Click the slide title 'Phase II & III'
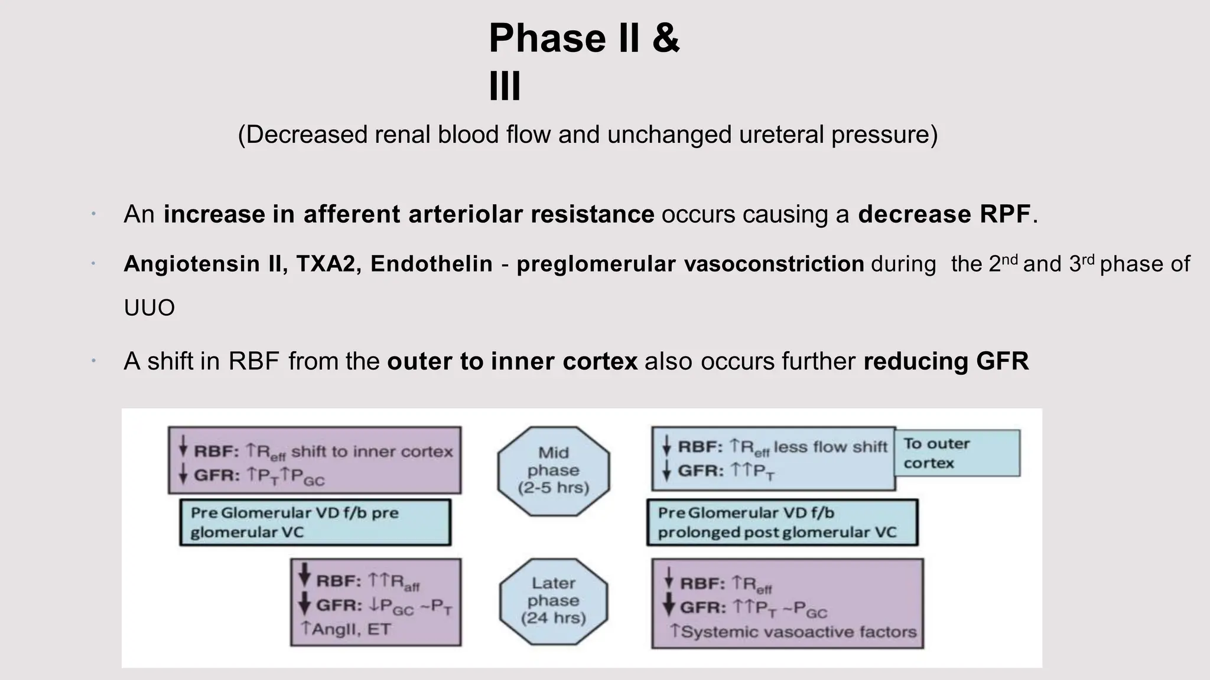(x=584, y=61)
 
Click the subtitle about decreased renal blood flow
(x=587, y=135)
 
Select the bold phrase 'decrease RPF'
(x=944, y=214)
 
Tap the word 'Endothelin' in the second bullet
(x=431, y=264)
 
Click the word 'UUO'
(x=149, y=308)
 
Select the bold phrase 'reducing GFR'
(x=946, y=361)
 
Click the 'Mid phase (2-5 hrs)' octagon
(x=554, y=470)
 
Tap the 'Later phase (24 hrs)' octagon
(x=554, y=601)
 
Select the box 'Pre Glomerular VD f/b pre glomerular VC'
(x=315, y=522)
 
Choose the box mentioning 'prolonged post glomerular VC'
(x=782, y=522)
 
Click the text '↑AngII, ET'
(x=346, y=629)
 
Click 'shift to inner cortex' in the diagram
(x=372, y=452)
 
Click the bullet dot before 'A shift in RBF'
(x=93, y=361)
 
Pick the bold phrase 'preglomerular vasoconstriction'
(x=690, y=264)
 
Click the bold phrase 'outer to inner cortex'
(x=512, y=361)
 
